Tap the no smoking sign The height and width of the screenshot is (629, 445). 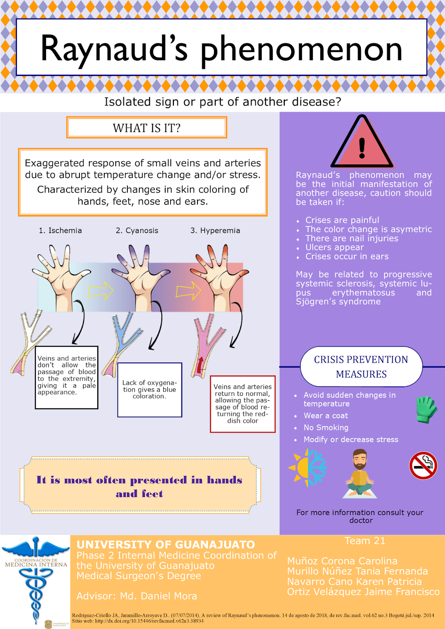pos(423,465)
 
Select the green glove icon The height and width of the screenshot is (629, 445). pos(426,409)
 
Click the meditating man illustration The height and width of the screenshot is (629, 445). pos(360,474)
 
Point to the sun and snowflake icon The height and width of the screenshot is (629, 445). pos(308,468)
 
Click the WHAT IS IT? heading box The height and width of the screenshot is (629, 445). pos(147,128)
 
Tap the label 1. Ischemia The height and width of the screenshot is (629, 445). pos(60,230)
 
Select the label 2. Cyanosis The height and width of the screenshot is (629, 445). pos(137,230)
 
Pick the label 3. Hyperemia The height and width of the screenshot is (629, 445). pos(215,230)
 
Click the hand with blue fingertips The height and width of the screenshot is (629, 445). pos(140,275)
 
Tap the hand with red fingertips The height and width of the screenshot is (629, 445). pos(218,275)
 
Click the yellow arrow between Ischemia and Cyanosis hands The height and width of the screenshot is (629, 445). pos(101,291)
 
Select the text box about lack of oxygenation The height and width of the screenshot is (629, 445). pos(150,390)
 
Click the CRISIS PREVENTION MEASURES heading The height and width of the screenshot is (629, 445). pos(361,367)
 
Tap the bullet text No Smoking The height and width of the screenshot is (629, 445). pos(326,428)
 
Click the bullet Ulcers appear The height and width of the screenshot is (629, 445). pos(334,247)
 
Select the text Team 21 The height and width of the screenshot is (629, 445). pos(365,541)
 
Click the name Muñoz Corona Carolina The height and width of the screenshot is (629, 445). pos(342,561)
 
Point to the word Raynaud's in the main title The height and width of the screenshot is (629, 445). pos(114,49)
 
